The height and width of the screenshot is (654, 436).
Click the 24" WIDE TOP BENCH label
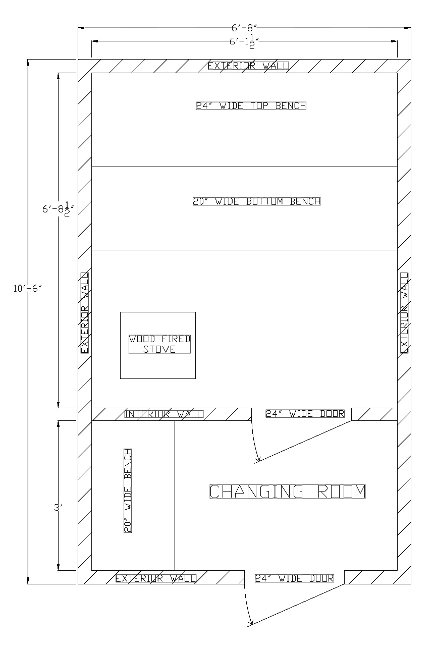coord(251,105)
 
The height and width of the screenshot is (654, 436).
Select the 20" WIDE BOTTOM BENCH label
coord(256,201)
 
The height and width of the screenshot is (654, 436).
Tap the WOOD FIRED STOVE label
coord(159,344)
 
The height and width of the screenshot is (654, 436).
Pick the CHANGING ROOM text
coord(287,492)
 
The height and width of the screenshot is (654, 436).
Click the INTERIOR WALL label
coord(163,414)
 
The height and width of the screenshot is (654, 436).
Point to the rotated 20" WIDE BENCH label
coord(128,490)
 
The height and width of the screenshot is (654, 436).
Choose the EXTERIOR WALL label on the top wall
coord(248,66)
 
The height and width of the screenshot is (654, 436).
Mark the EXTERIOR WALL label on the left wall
coord(84,313)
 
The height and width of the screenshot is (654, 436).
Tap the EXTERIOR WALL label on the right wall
coord(404,313)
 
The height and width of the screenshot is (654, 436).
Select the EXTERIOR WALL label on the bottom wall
coord(155,578)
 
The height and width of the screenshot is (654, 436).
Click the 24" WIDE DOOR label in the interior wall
coord(305,414)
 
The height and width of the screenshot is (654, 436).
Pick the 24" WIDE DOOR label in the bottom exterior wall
coord(294,578)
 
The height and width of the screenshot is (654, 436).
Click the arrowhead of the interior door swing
coord(258,459)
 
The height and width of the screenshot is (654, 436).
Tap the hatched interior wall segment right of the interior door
coord(374,414)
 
